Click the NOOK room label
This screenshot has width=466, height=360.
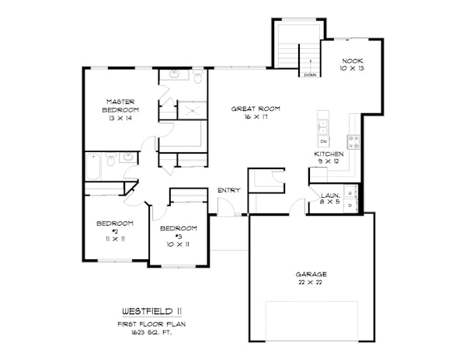[353, 61]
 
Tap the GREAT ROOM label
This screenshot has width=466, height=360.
[256, 109]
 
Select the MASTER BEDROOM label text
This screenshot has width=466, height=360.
[120, 106]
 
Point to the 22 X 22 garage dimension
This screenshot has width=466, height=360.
[311, 282]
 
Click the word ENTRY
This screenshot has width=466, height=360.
[229, 190]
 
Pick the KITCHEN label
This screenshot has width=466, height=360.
[329, 154]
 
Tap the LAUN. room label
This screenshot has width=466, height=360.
[331, 196]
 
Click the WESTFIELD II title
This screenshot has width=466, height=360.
[152, 311]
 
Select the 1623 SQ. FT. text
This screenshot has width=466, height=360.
[151, 333]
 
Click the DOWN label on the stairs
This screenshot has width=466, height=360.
[310, 75]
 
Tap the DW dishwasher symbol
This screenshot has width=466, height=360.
[324, 141]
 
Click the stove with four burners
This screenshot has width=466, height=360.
[353, 142]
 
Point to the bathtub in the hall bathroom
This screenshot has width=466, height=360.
[93, 167]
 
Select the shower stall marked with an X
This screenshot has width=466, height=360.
[193, 110]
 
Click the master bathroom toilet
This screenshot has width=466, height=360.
[198, 76]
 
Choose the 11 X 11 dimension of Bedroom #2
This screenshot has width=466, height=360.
[115, 239]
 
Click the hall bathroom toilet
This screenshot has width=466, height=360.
[111, 159]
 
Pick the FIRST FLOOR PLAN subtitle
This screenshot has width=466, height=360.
[151, 324]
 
